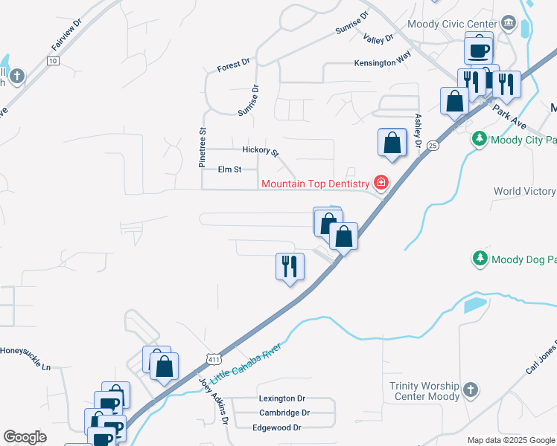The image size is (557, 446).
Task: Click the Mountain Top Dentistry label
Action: pos(315,184)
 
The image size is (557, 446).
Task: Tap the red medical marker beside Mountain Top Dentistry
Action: pos(381,183)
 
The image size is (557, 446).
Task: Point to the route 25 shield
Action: pos(434,146)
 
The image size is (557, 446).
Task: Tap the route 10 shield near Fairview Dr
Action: pos(52,61)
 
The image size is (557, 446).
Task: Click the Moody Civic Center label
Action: pos(451,24)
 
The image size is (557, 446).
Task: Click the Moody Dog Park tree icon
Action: pos(480,259)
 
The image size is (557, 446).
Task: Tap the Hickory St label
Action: pos(260,151)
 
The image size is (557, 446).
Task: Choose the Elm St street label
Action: pos(229,169)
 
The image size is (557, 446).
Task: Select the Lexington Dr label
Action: pos(282,398)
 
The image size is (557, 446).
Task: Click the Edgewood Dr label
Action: pos(276,427)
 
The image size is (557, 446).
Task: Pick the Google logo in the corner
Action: pos(25,436)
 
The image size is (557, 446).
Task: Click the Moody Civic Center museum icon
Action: pos(509,23)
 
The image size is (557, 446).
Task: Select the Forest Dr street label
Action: pos(234,65)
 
